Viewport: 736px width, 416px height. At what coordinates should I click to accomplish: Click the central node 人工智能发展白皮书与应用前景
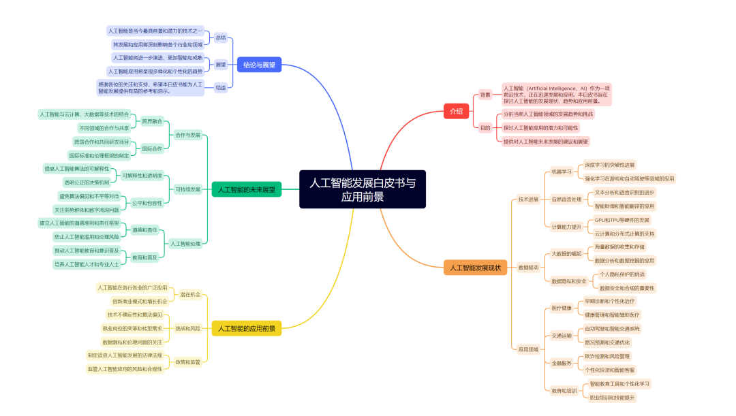362,189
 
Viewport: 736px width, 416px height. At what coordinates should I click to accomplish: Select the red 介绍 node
456,111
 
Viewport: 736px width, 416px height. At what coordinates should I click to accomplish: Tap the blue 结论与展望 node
259,65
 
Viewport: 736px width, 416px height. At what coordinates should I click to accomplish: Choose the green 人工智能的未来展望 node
246,189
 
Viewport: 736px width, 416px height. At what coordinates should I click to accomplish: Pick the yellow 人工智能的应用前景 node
246,328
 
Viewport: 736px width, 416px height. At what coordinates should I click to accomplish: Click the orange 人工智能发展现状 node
476,268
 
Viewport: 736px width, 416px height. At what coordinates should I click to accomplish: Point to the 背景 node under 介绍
485,95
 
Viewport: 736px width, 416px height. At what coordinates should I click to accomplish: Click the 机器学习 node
562,172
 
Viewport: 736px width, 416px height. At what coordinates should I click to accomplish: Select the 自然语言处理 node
566,199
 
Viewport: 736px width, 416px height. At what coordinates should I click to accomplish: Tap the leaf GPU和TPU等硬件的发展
622,220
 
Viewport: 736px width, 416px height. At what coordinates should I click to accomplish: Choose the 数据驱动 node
528,268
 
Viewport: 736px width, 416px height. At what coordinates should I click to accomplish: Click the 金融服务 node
562,363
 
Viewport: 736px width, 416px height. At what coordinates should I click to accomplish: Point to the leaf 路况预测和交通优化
607,342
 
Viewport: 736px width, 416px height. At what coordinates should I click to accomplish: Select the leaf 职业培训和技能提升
611,397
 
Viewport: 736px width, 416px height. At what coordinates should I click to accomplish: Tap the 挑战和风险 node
188,328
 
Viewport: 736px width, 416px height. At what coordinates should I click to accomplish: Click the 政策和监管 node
188,362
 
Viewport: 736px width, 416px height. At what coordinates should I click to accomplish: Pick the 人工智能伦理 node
185,243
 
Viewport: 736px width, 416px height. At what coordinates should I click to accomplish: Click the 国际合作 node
152,148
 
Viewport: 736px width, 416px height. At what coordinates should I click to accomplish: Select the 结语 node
221,87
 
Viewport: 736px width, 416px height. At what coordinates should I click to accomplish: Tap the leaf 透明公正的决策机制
86,182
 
